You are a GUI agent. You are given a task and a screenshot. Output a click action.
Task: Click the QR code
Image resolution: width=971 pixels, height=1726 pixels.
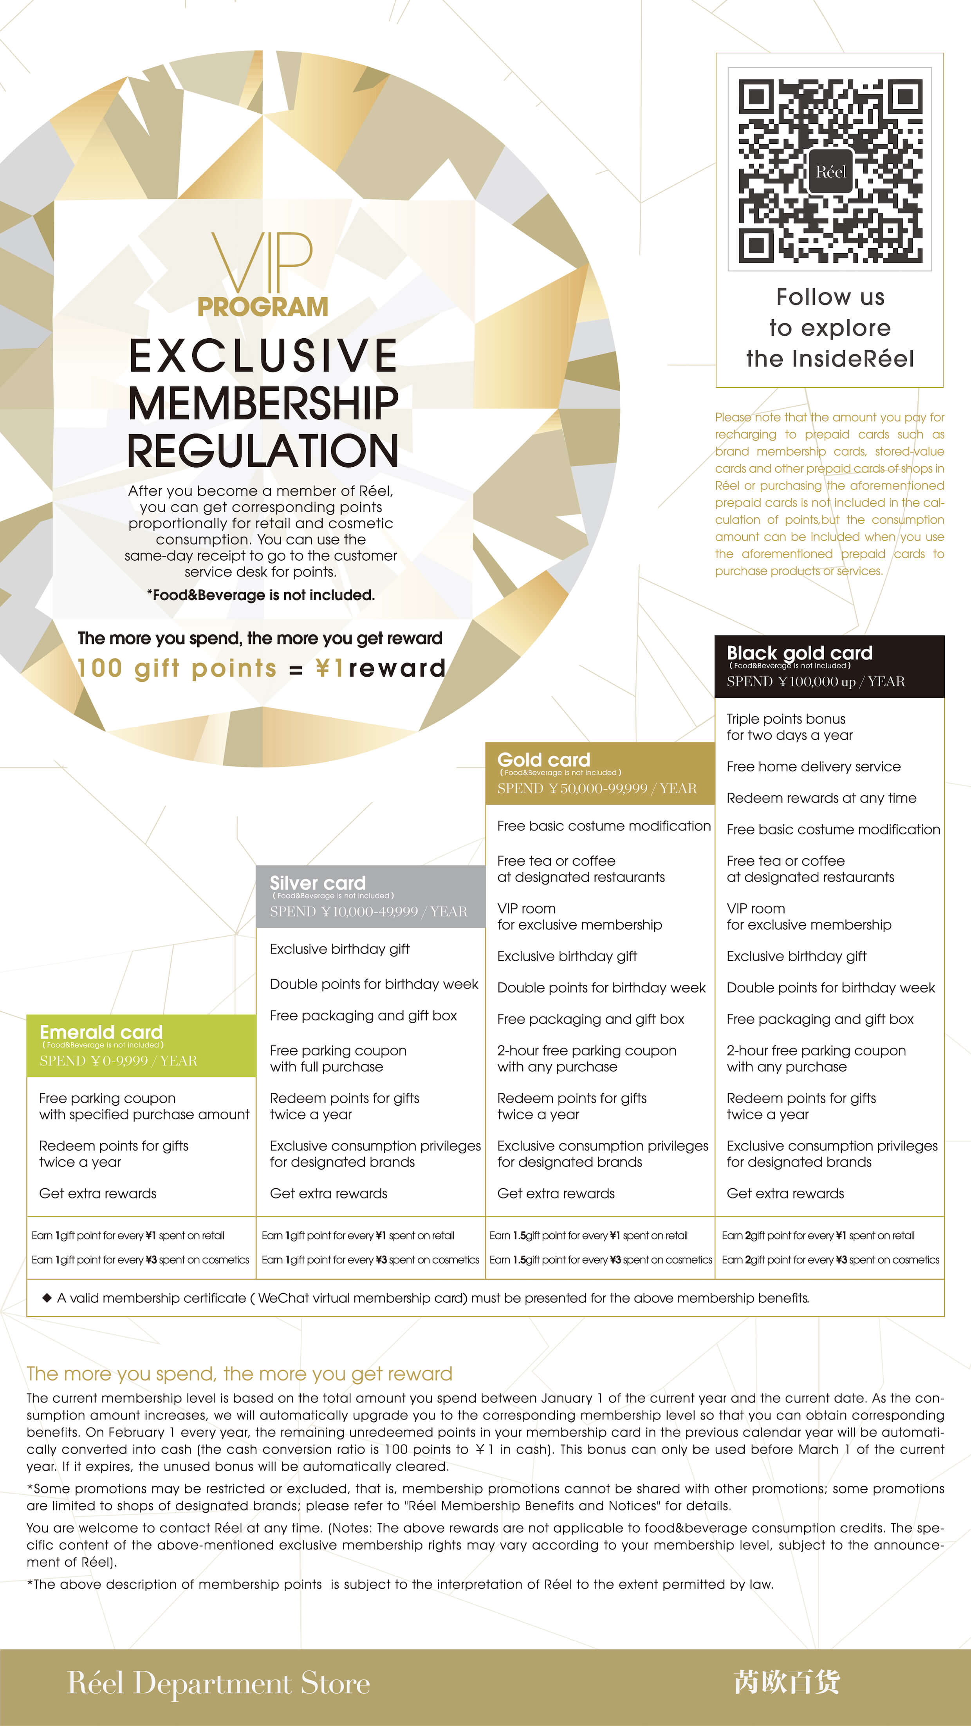(830, 170)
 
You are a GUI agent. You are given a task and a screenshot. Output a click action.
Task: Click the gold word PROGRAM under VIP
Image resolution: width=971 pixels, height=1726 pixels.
(263, 307)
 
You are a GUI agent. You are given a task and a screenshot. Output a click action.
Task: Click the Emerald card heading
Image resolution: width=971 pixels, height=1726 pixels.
(101, 1032)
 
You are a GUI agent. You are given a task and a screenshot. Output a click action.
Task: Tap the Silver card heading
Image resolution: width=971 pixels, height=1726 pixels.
(318, 883)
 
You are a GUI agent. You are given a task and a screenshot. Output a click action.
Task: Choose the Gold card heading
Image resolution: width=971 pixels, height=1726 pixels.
(543, 760)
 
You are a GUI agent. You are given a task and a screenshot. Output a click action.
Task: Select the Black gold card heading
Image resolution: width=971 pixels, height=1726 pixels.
(800, 653)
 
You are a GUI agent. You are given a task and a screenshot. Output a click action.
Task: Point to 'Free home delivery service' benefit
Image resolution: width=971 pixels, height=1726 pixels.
(814, 767)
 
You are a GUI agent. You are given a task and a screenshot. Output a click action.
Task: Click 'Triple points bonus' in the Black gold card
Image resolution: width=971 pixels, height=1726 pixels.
(786, 719)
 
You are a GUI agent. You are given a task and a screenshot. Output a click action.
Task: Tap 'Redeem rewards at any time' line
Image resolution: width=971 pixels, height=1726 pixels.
(821, 798)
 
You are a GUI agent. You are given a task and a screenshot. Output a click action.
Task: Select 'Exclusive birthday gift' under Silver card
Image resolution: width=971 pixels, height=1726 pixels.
(340, 949)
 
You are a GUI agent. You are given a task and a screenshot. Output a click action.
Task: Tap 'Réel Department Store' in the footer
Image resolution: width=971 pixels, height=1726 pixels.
(218, 1683)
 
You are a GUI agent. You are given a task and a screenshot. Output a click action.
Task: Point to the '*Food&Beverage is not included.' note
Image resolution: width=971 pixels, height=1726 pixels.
(261, 595)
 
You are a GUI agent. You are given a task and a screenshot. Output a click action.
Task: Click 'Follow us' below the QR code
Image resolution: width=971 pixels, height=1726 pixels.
(830, 297)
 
